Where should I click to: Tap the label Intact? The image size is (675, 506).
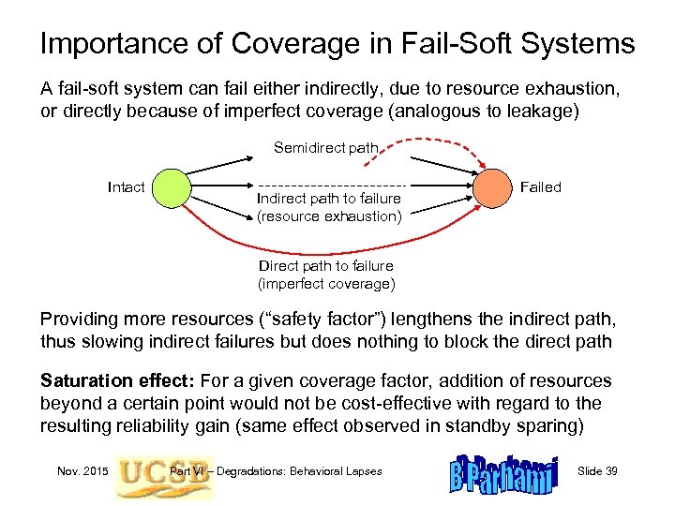[x=127, y=187]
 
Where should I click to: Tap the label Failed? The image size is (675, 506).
[x=540, y=187]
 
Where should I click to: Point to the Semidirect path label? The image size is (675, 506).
[x=325, y=147]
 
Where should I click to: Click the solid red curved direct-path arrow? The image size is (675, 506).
[x=328, y=251]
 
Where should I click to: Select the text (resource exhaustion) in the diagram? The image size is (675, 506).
[x=329, y=216]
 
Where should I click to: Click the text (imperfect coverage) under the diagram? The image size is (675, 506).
[x=326, y=283]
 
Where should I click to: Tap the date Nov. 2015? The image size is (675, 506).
[x=81, y=470]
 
